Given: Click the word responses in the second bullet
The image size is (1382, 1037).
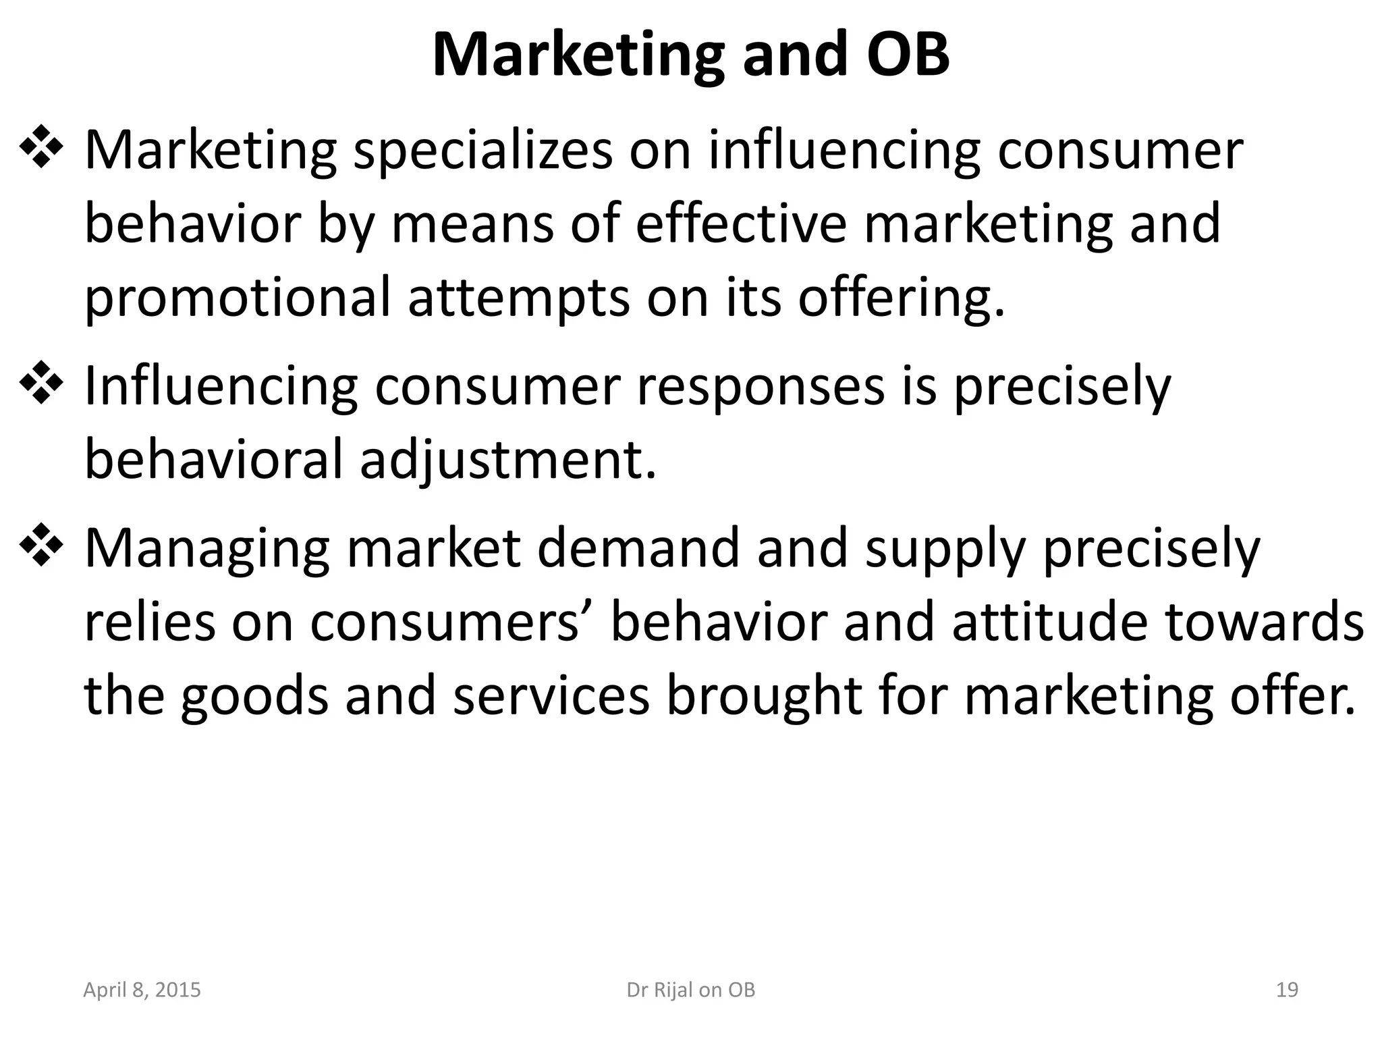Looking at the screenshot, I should click(761, 388).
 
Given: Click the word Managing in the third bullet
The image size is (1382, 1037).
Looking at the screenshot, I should click(207, 548).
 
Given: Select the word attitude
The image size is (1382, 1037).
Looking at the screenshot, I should click(1049, 621).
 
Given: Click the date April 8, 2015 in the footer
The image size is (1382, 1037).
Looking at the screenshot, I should click(142, 990).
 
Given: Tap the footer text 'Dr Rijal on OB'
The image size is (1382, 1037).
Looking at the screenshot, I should click(690, 990).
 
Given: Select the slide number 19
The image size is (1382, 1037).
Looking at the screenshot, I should click(1287, 990).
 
